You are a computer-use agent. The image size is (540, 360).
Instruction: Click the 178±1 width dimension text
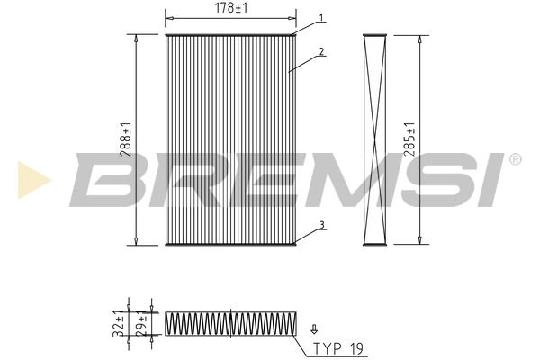(x=230, y=9)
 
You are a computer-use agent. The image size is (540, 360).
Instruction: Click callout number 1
(x=321, y=18)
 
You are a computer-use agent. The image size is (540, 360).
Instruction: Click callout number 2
(x=321, y=52)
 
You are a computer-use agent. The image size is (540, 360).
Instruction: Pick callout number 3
(x=321, y=226)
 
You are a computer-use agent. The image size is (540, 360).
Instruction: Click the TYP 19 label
(x=339, y=346)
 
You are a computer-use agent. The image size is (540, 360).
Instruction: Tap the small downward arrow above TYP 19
(x=314, y=329)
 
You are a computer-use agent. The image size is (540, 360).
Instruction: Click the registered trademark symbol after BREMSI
(x=515, y=159)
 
